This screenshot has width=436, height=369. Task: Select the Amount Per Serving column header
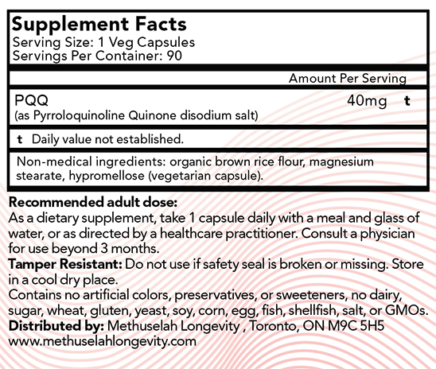(x=347, y=79)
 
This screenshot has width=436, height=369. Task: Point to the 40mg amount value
(x=365, y=101)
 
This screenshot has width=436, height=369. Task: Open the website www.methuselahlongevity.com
(x=100, y=341)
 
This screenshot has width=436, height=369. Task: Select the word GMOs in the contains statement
(x=409, y=311)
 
